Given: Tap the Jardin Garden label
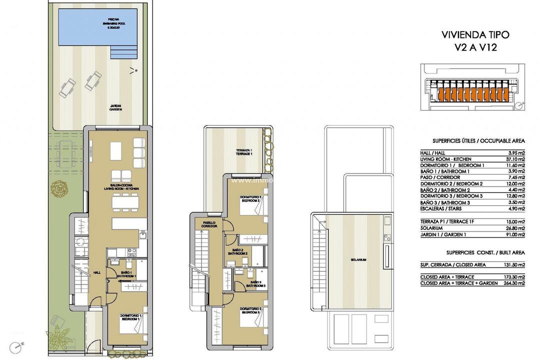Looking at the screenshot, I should click(117, 107).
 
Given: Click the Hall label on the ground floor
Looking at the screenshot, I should click(97, 273).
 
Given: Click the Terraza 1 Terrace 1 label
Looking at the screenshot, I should click(244, 152).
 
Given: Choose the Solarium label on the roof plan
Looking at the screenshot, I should click(358, 260).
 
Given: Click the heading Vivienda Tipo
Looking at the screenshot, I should click(475, 35).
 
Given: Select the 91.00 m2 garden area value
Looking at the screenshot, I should click(514, 234).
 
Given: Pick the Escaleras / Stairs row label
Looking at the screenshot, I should click(441, 209).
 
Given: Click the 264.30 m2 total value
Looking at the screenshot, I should click(513, 283).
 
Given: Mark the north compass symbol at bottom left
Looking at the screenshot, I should click(18, 345).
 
